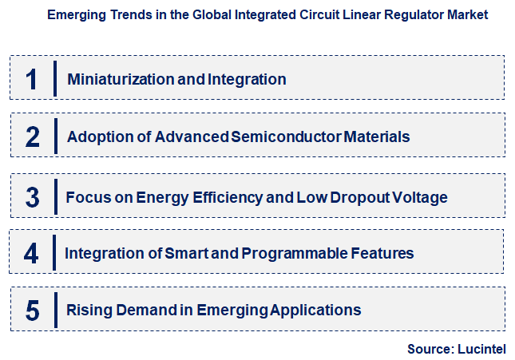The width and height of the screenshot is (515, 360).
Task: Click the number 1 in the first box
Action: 32,79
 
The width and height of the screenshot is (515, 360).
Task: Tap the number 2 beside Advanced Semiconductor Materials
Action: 32,136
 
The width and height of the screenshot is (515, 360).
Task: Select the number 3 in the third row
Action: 32,196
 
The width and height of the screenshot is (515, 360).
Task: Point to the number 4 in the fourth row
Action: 31,253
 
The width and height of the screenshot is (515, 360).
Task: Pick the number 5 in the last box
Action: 32,310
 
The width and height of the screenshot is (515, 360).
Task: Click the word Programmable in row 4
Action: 294,253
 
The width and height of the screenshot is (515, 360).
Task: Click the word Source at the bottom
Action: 429,349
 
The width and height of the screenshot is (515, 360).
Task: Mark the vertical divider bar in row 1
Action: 55,78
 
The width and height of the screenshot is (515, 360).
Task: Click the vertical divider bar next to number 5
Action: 55,309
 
